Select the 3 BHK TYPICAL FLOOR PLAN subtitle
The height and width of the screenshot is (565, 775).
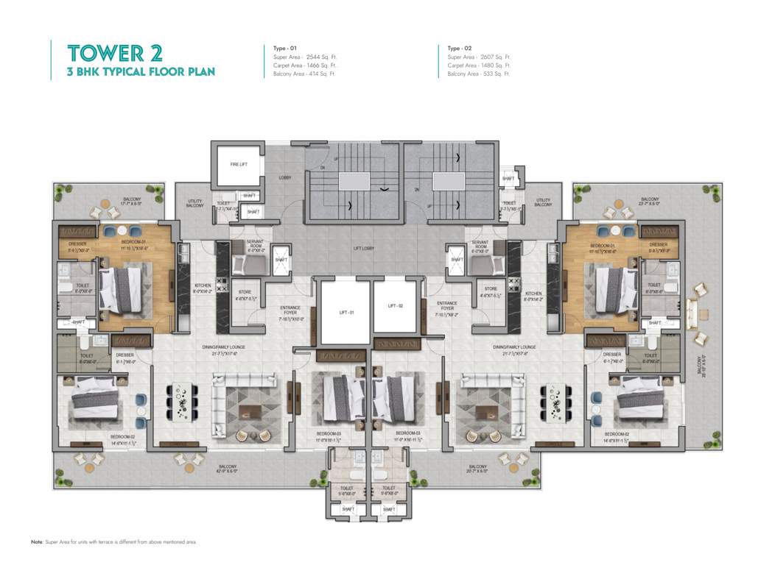click(141, 72)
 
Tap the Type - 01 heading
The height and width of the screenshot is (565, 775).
click(279, 48)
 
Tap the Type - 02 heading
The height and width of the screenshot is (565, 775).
click(461, 48)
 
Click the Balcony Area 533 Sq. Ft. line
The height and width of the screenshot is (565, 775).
click(479, 74)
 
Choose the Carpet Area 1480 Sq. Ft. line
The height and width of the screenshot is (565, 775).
click(479, 65)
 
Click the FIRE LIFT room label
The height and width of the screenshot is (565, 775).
click(239, 163)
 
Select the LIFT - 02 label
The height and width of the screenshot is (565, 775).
click(396, 305)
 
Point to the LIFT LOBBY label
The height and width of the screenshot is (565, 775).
click(363, 249)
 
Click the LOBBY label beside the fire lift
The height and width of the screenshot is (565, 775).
click(284, 177)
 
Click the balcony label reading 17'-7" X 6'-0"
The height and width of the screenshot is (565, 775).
click(132, 200)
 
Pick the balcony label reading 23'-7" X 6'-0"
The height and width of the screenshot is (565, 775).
click(649, 200)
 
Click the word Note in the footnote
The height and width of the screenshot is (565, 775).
click(37, 541)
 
